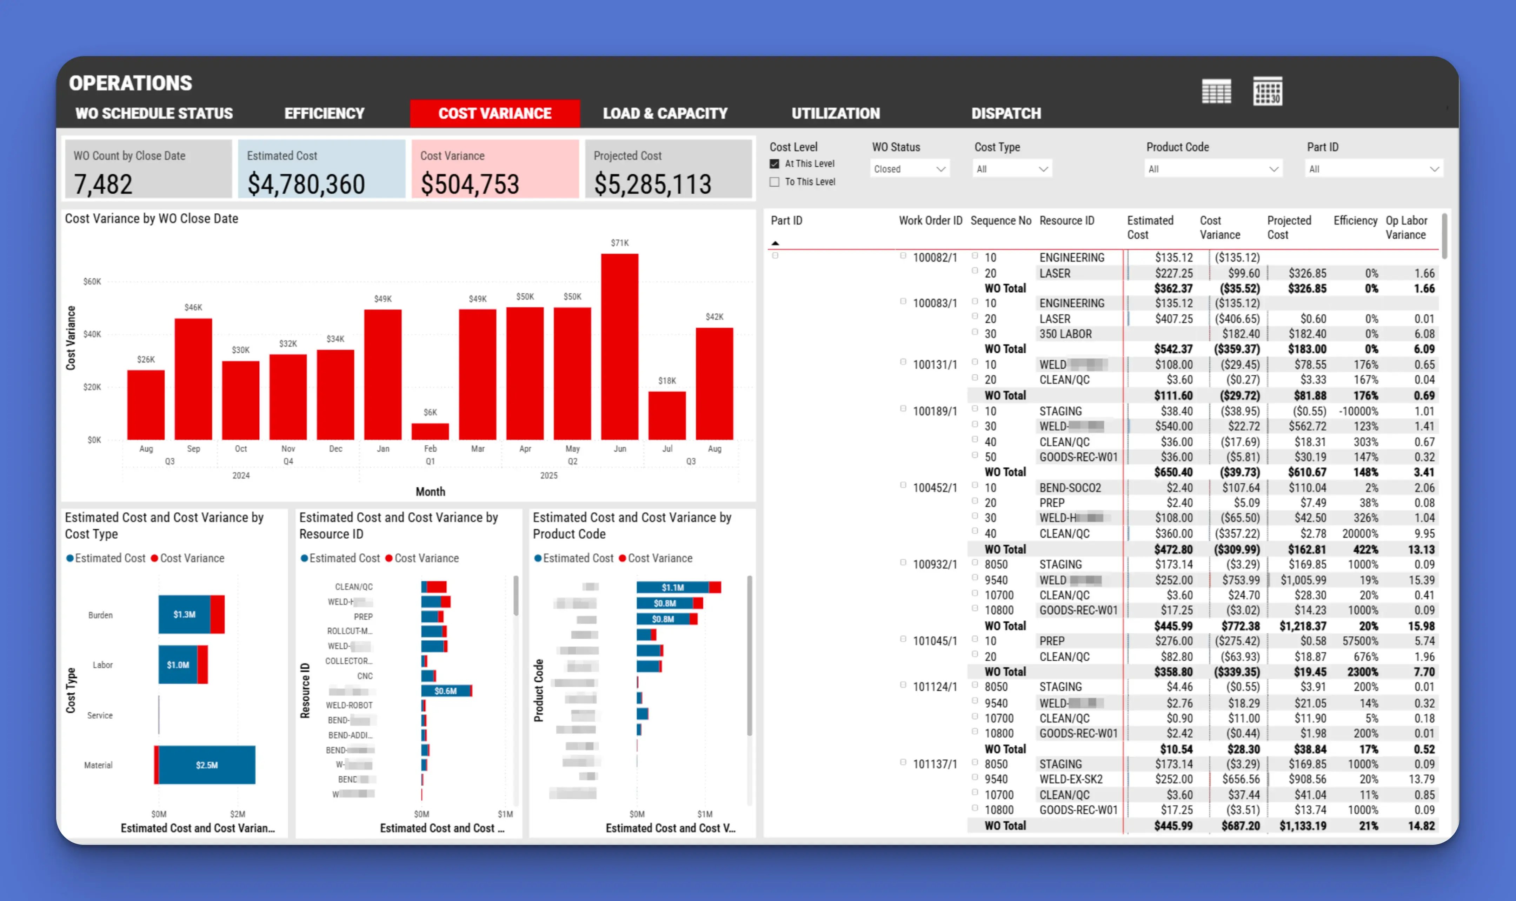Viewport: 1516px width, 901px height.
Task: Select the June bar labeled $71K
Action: click(x=619, y=346)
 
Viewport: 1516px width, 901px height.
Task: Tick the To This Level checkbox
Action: click(x=775, y=182)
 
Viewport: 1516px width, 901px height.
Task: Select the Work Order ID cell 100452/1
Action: click(x=935, y=488)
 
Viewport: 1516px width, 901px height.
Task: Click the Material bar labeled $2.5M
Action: click(x=206, y=765)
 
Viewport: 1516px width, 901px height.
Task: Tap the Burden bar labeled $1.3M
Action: click(x=185, y=614)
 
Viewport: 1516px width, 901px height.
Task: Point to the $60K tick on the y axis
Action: click(x=92, y=282)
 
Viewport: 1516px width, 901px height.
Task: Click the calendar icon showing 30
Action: click(x=1267, y=92)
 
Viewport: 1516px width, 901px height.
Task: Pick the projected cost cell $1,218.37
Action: click(x=1302, y=626)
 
